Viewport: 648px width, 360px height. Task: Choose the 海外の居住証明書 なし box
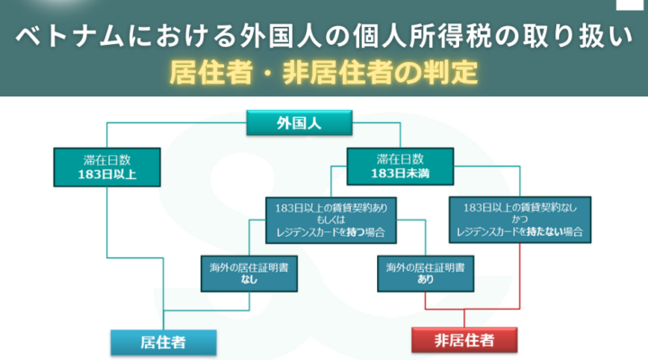click(x=249, y=273)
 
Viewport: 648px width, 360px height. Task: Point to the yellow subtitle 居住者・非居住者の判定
click(x=324, y=71)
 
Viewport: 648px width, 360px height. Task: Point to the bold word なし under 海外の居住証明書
click(x=249, y=280)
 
